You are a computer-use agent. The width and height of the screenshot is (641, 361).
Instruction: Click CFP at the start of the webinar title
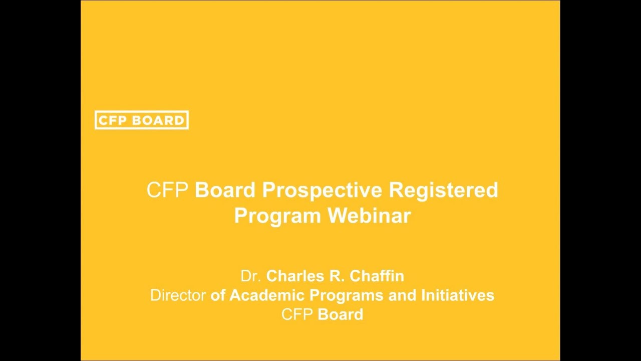[x=167, y=191]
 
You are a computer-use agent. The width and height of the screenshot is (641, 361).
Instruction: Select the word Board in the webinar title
[x=225, y=191]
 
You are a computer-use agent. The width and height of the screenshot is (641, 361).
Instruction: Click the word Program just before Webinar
[x=277, y=216]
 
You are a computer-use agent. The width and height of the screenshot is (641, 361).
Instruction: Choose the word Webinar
[x=369, y=216]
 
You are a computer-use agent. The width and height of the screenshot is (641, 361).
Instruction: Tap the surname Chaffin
[x=377, y=276]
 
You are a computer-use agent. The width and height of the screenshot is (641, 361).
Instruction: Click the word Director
[x=178, y=295]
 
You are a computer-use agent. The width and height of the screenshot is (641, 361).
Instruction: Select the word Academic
[x=267, y=295]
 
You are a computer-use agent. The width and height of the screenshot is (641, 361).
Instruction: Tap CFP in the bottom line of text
[x=297, y=315]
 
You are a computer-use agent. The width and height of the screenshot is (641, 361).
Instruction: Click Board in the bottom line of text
[x=341, y=315]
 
